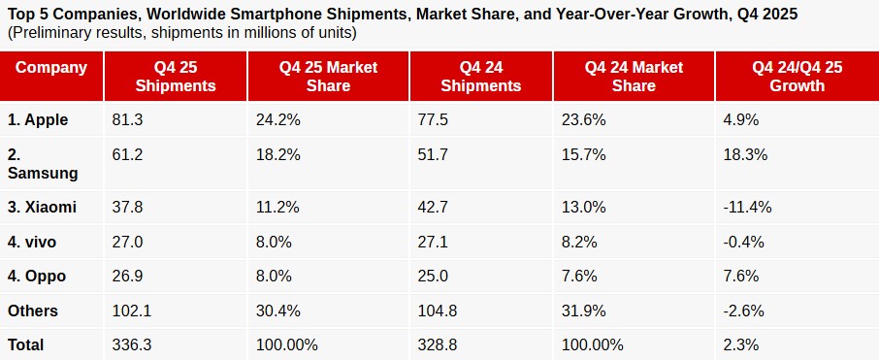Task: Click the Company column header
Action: (x=51, y=68)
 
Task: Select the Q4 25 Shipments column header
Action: (x=175, y=77)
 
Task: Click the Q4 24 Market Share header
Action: (x=634, y=77)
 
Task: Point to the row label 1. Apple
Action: (x=38, y=120)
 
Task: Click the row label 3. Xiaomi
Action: (x=42, y=207)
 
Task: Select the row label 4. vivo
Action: (x=34, y=242)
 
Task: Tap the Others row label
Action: (x=33, y=311)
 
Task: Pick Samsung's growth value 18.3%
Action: (x=745, y=154)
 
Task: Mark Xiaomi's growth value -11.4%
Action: (x=747, y=207)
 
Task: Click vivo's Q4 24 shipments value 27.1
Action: (x=434, y=242)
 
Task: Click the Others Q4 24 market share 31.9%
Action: (x=584, y=311)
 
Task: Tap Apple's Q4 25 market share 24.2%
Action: (x=277, y=120)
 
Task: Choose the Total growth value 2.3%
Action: (x=741, y=344)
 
